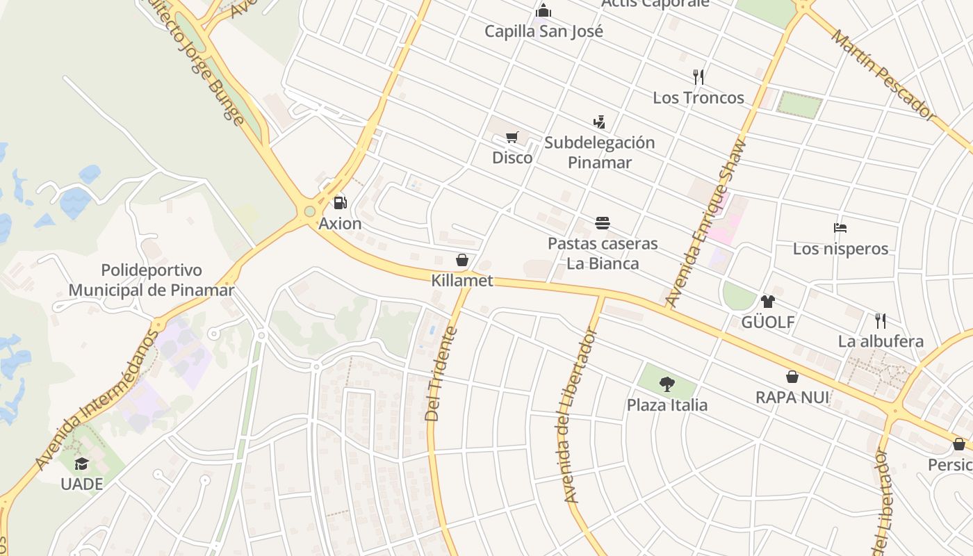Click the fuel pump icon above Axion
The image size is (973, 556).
tap(340, 203)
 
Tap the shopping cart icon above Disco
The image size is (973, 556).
tap(512, 137)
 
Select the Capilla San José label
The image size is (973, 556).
tap(543, 31)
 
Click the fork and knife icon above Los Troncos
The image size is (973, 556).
tap(698, 76)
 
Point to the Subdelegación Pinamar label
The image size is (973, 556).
tap(599, 152)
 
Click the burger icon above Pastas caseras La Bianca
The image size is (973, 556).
tap(603, 223)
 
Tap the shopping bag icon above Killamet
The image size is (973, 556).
tap(462, 261)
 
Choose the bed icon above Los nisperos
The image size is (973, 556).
tap(840, 228)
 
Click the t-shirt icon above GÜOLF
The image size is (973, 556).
tap(767, 302)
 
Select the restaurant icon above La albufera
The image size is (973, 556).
tap(881, 320)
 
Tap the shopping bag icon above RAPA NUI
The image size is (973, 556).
tap(792, 377)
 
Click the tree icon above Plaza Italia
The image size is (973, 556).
tap(667, 384)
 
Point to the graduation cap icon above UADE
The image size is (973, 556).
tap(82, 464)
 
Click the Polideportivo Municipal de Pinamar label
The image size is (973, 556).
tap(152, 280)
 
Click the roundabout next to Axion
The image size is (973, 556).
tap(309, 211)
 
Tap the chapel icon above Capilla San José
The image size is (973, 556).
tap(543, 11)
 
